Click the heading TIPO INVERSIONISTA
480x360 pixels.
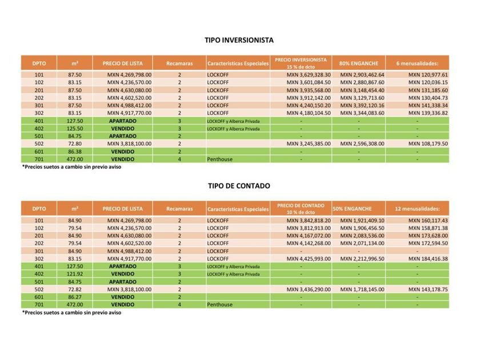click(x=239, y=41)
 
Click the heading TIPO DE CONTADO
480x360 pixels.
click(x=238, y=186)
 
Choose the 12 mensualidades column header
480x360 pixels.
click(x=417, y=209)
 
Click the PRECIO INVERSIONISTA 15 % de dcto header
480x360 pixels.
click(x=301, y=63)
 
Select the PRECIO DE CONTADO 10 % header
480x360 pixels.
click(x=301, y=209)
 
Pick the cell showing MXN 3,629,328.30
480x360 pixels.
click(x=308, y=75)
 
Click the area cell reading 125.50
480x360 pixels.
click(x=75, y=129)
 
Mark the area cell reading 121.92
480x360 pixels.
click(x=75, y=274)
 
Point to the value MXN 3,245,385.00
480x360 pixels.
click(x=308, y=144)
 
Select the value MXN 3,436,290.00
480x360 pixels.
click(x=308, y=290)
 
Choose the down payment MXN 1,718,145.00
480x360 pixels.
click(x=362, y=290)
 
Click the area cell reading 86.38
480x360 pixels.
click(x=75, y=151)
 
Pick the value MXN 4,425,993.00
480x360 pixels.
click(x=308, y=259)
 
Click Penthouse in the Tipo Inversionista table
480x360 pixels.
click(x=219, y=159)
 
